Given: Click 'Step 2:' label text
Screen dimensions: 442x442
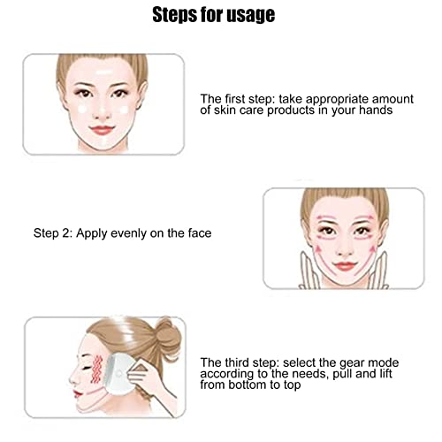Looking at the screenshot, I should click(53, 233).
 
